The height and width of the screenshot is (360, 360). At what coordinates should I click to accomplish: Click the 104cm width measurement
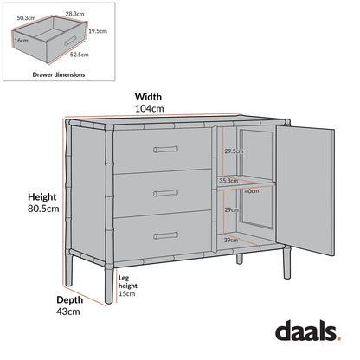149,109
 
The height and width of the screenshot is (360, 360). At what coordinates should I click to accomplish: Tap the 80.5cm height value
42,209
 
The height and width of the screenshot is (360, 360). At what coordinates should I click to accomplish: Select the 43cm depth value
68,311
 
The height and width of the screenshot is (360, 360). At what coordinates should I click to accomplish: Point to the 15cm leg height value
128,293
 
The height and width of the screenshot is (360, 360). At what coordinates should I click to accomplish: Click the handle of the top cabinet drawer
165,150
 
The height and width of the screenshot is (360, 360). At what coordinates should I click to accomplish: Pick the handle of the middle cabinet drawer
165,192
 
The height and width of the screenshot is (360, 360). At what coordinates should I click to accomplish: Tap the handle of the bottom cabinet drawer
165,235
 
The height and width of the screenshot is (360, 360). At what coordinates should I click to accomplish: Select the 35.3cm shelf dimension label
229,181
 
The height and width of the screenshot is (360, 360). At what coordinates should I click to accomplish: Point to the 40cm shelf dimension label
252,191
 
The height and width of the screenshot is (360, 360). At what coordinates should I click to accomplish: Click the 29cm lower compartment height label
231,210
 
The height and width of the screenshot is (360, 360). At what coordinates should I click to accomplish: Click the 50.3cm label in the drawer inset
27,17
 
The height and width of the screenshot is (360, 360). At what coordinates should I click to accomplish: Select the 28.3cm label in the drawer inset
74,14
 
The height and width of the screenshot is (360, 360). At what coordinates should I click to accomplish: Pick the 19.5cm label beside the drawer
98,30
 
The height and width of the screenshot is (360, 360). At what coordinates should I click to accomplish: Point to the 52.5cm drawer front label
79,55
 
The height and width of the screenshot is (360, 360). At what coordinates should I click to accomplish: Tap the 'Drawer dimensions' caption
59,75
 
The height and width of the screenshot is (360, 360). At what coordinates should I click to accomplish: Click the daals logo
308,331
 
